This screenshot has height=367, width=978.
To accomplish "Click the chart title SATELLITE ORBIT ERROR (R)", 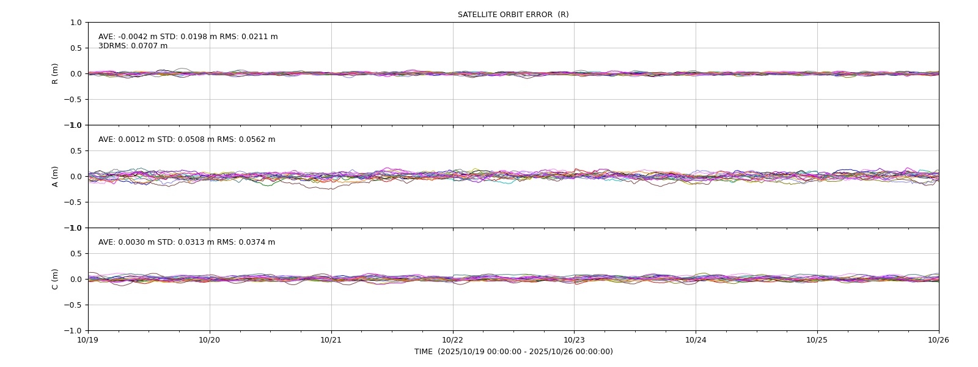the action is click(x=513, y=15).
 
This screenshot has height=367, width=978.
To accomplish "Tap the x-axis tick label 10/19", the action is click(x=88, y=340).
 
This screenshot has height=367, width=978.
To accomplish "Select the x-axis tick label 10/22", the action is click(x=453, y=340).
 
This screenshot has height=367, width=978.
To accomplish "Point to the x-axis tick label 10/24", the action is click(x=696, y=340).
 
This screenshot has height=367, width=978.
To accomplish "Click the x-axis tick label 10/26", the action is click(x=939, y=340).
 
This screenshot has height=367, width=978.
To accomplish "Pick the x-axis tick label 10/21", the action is click(x=331, y=340).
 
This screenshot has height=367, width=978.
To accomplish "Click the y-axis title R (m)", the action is click(x=55, y=74).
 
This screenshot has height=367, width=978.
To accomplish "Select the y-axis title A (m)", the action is click(x=55, y=177).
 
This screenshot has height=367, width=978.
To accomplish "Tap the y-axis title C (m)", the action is click(x=55, y=279).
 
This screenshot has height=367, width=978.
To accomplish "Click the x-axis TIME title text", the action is click(x=513, y=352).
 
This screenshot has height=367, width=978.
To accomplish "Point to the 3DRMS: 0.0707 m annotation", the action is click(x=133, y=46).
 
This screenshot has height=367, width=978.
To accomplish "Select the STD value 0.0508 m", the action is click(x=196, y=139).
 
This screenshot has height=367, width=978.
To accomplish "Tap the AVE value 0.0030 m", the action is click(x=136, y=242).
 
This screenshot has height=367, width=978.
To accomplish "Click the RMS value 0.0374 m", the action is click(x=257, y=242).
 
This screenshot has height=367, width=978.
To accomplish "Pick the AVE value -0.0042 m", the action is click(x=138, y=37).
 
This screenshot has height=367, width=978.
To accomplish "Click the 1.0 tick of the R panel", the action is click(x=76, y=23).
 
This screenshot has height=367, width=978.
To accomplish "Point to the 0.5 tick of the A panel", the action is click(x=76, y=151).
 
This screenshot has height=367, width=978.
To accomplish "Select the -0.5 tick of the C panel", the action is click(x=73, y=305).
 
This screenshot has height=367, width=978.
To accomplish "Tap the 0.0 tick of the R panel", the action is click(x=76, y=74).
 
